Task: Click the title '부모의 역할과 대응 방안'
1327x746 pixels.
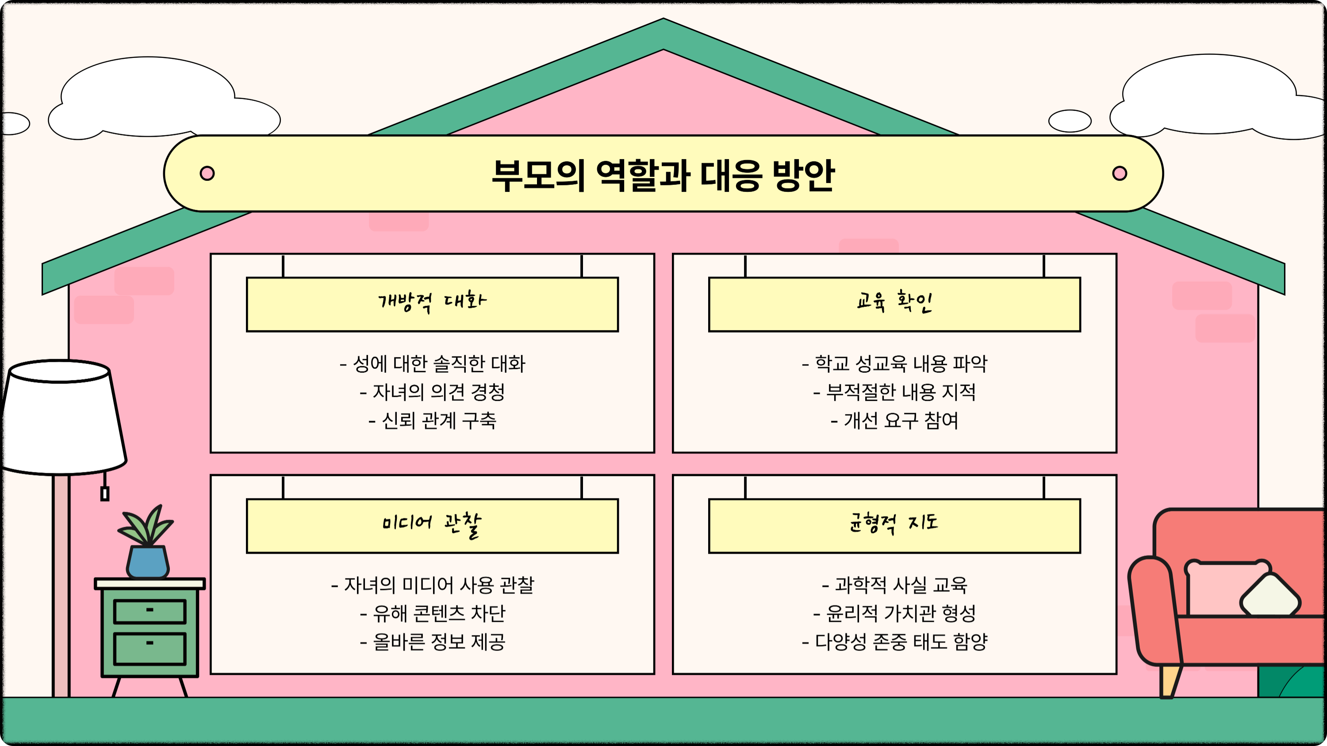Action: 663,175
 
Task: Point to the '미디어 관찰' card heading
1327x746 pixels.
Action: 432,524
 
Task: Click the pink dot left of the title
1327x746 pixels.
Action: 207,173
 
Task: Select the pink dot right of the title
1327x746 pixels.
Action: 1120,173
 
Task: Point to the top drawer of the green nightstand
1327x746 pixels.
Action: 150,611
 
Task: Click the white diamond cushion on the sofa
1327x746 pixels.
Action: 1270,596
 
